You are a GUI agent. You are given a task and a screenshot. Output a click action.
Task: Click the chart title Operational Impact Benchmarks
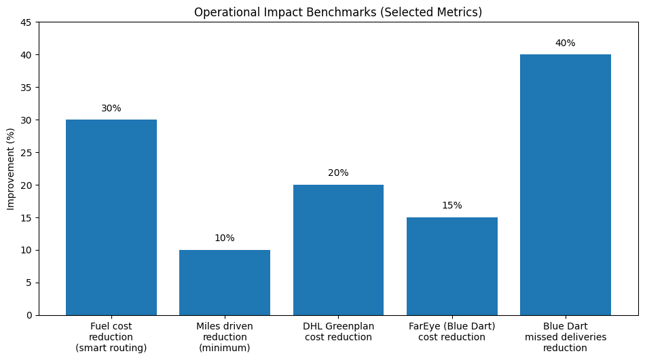pyautogui.click(x=338, y=12)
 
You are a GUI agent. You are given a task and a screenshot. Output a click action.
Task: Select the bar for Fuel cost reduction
pyautogui.click(x=111, y=217)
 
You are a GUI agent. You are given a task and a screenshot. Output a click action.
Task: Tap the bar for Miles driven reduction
pyautogui.click(x=225, y=283)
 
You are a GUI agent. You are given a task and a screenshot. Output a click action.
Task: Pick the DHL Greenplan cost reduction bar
pyautogui.click(x=338, y=250)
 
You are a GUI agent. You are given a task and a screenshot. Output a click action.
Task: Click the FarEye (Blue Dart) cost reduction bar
pyautogui.click(x=452, y=266)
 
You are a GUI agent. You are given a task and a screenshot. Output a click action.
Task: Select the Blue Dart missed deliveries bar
pyautogui.click(x=566, y=185)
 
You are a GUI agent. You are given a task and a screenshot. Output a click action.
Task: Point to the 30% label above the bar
pyautogui.click(x=111, y=108)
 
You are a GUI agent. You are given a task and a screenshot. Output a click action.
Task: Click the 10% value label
pyautogui.click(x=225, y=238)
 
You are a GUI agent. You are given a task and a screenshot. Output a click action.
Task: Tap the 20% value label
pyautogui.click(x=338, y=173)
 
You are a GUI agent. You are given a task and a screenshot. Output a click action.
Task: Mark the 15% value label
pyautogui.click(x=452, y=206)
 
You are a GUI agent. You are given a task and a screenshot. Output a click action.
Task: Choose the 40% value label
pyautogui.click(x=566, y=43)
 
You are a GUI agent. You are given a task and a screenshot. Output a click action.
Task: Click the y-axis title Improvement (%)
pyautogui.click(x=11, y=168)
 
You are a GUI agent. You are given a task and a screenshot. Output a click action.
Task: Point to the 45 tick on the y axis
pyautogui.click(x=28, y=22)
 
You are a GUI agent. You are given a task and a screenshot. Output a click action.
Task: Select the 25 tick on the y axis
pyautogui.click(x=28, y=153)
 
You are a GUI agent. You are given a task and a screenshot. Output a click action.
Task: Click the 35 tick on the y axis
pyautogui.click(x=28, y=88)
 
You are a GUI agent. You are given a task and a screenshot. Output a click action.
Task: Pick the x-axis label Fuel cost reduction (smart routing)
pyautogui.click(x=111, y=338)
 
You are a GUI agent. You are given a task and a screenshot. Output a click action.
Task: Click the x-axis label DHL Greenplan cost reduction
pyautogui.click(x=338, y=332)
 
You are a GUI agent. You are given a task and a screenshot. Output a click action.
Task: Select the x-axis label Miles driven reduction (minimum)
pyautogui.click(x=225, y=338)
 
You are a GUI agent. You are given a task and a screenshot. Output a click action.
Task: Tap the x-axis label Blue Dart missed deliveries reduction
pyautogui.click(x=566, y=338)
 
